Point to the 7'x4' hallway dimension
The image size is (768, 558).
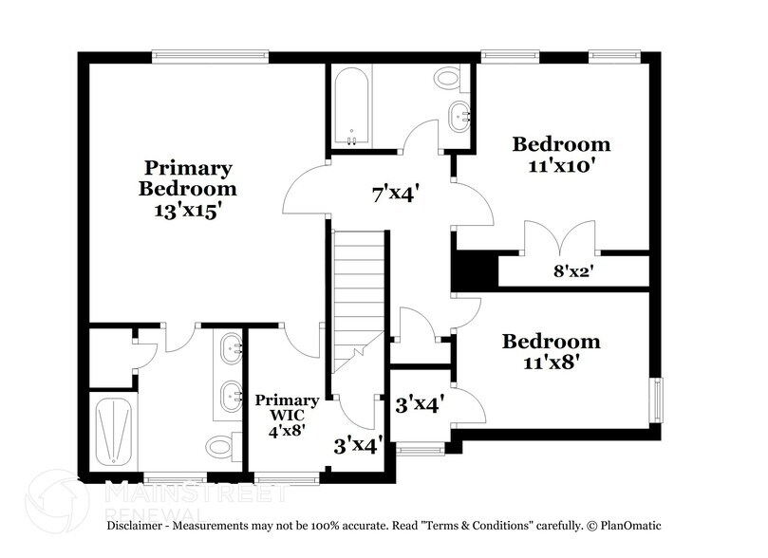tap(396, 195)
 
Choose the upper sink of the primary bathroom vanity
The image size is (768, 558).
tap(231, 348)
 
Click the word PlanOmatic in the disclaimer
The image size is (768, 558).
tap(628, 525)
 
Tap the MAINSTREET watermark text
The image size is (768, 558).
tap(195, 493)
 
